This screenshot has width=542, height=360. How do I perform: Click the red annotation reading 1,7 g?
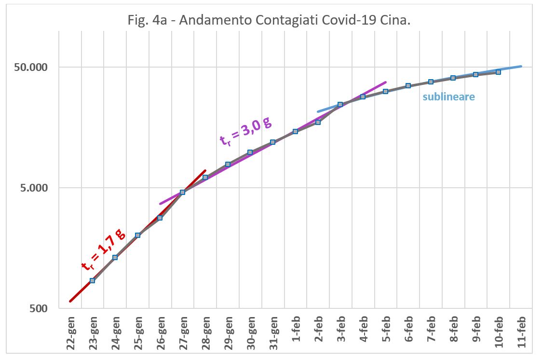103,250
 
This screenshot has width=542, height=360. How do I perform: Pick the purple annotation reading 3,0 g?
245,130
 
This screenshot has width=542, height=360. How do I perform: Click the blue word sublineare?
448,97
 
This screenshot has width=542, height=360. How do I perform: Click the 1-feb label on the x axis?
297,333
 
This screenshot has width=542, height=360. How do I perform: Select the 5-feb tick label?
387,333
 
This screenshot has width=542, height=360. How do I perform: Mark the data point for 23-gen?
92,280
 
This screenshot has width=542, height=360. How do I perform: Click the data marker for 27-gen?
182,192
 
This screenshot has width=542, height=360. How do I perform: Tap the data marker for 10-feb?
498,72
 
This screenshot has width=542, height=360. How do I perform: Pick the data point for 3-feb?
340,104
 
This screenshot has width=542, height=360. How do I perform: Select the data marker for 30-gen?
250,152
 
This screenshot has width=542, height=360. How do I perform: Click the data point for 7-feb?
431,82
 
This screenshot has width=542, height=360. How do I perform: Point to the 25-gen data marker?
137,235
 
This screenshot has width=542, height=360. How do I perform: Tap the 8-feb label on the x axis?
454,333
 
